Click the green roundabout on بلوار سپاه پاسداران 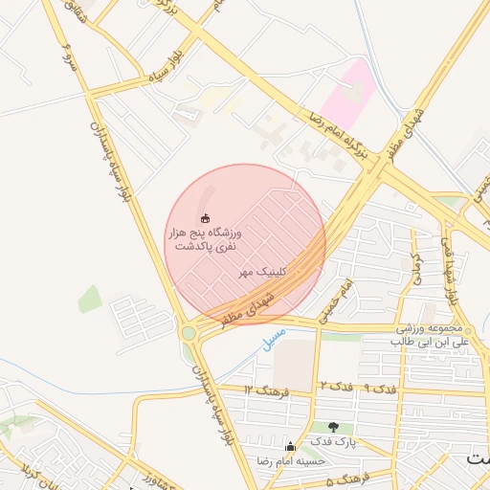coord(189,333)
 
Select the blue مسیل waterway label coord(273,338)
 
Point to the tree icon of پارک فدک coord(333,428)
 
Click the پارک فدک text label coord(332,442)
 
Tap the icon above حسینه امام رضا coord(290,446)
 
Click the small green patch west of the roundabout coord(90,300)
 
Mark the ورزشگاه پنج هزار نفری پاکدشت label coord(206,239)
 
